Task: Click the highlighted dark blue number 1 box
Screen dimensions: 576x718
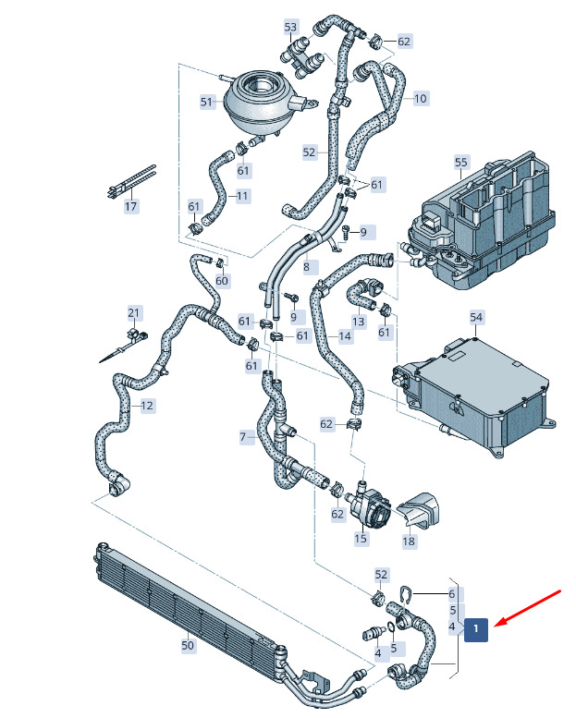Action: (476, 629)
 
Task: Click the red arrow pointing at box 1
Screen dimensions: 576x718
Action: (529, 608)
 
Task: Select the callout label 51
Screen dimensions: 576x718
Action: (207, 102)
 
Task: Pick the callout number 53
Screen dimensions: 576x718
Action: (290, 27)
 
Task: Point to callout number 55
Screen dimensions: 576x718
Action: (461, 163)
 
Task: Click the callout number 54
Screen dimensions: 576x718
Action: (476, 317)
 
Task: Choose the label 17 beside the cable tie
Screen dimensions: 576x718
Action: (131, 206)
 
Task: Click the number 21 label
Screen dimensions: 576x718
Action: (133, 313)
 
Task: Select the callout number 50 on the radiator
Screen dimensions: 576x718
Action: (188, 646)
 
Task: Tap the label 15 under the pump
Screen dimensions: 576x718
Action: (361, 538)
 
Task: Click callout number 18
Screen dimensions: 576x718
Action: (409, 542)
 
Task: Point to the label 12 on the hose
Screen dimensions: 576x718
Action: (147, 406)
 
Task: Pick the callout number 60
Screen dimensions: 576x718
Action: (222, 280)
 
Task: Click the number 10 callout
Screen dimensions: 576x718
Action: (420, 99)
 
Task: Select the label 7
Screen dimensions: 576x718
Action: (243, 437)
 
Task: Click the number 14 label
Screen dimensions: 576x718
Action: (345, 336)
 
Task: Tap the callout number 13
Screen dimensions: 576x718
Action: (359, 322)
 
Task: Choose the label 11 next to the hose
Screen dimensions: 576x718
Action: (242, 197)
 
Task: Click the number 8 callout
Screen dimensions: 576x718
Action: (306, 266)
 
